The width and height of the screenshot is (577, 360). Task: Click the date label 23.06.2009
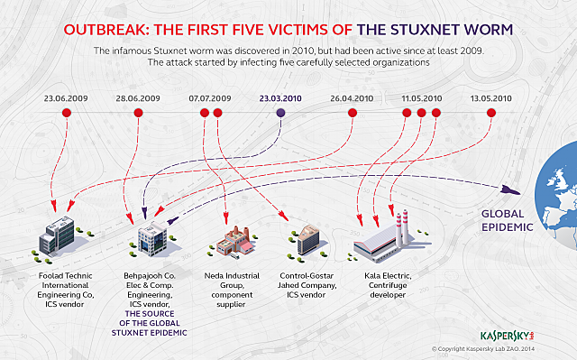(66, 97)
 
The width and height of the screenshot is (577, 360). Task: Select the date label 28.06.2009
(138, 97)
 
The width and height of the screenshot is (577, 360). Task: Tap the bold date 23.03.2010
(280, 97)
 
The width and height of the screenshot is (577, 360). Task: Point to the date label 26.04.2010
(352, 97)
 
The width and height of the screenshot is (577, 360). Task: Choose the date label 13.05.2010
(491, 97)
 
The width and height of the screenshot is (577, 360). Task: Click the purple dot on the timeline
(280, 113)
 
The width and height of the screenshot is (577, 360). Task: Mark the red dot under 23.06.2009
(66, 113)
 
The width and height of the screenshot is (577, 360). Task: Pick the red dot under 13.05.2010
(491, 113)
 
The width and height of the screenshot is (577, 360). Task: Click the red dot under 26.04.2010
(352, 113)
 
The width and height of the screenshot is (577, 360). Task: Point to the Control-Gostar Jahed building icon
(305, 240)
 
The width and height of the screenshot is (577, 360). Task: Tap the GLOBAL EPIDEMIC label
(507, 221)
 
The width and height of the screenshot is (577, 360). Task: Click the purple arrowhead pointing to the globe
(511, 188)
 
